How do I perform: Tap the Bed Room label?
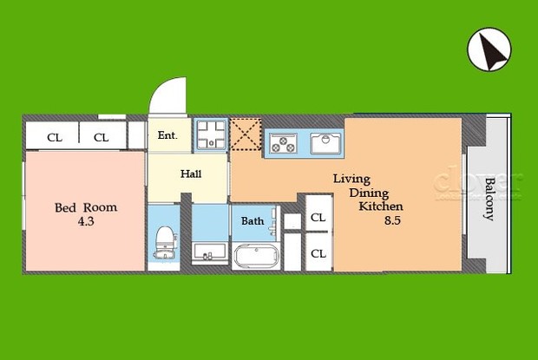(x=86, y=207)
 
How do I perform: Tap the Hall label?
(x=191, y=174)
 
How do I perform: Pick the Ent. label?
(x=167, y=136)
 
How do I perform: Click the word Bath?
(x=253, y=221)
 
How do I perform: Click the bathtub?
(x=255, y=257)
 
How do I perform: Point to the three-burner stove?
(x=282, y=142)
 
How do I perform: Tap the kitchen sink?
(x=325, y=141)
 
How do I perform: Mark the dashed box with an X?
(x=245, y=134)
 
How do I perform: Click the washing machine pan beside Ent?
(x=210, y=135)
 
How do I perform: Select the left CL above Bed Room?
(x=55, y=137)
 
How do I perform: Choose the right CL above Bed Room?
(x=102, y=137)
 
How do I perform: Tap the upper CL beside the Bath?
(x=318, y=217)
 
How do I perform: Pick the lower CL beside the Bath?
(x=318, y=253)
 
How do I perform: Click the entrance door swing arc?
(x=167, y=95)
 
